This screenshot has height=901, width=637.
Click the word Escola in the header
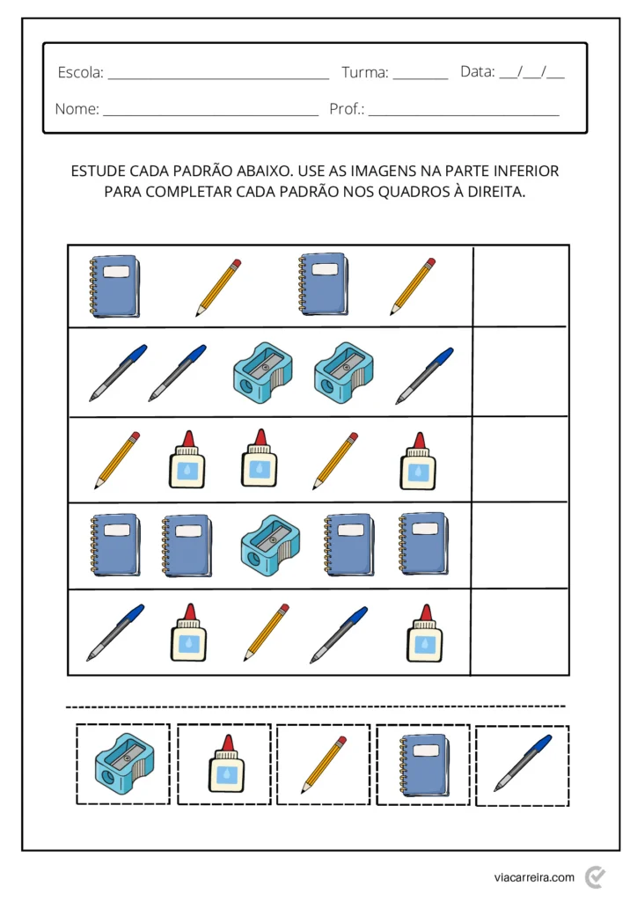79,73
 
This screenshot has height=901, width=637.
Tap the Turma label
364,73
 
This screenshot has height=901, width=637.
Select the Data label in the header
477,72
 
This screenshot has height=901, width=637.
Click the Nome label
77,110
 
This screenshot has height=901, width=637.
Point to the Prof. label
347,110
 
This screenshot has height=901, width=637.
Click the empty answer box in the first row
520,286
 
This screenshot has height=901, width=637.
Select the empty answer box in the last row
519,632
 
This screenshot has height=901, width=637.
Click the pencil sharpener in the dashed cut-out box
123,763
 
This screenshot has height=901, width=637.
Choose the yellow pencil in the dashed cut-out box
323,764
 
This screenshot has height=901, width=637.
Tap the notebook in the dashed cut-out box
423,764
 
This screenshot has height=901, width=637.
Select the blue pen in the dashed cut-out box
523,763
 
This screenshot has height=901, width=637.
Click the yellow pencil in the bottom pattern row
267,632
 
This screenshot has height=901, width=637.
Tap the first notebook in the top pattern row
114,286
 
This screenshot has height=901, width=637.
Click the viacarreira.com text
534,877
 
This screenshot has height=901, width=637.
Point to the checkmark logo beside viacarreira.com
596,876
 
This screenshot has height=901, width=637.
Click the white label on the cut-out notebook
426,750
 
